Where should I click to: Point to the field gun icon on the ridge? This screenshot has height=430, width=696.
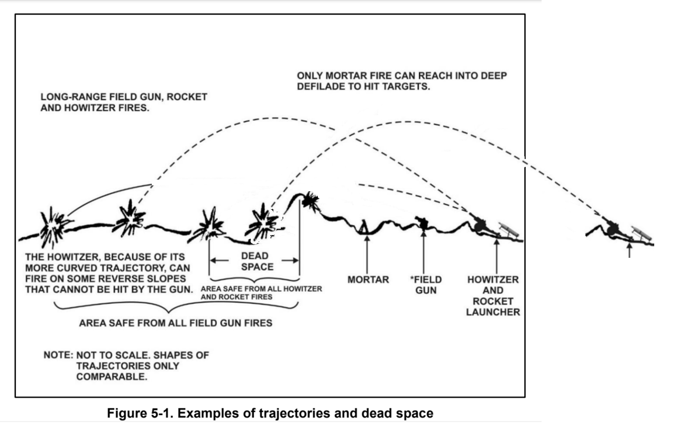coord(422,222)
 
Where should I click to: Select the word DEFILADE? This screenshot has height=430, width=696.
coord(322,86)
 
